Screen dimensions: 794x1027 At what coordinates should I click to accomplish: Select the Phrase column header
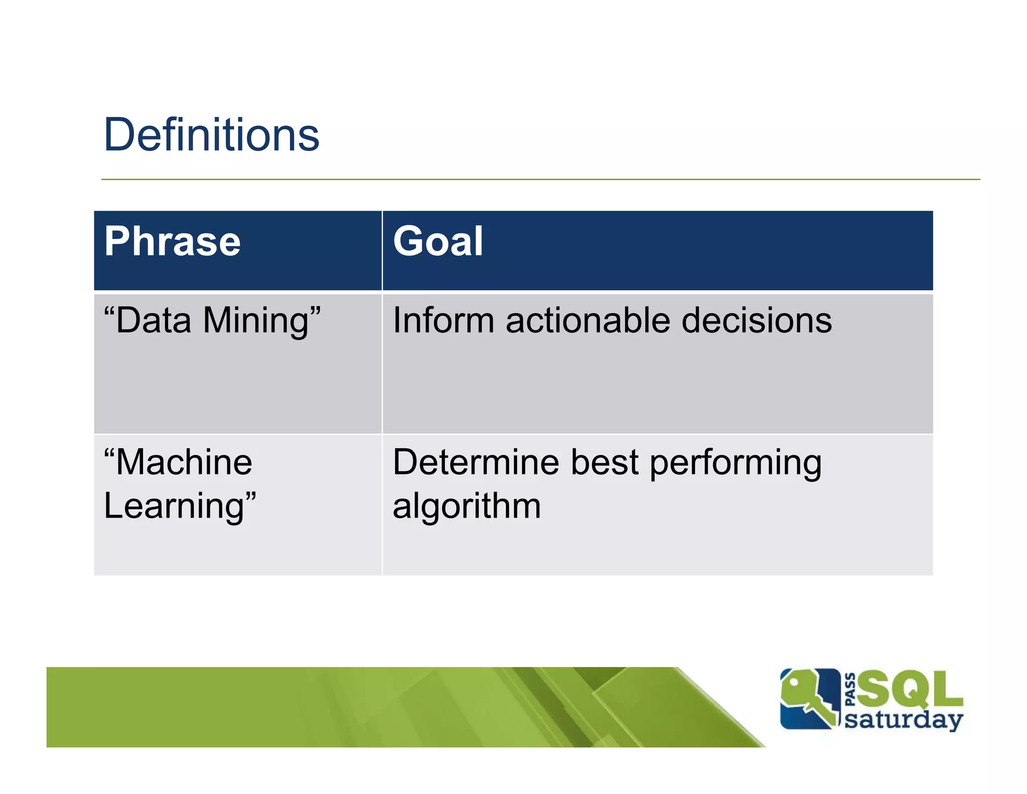click(x=173, y=241)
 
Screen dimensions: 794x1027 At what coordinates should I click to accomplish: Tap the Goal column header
click(x=438, y=241)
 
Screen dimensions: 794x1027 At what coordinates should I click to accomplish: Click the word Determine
click(x=475, y=462)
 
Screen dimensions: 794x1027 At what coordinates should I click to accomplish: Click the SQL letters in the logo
click(x=909, y=689)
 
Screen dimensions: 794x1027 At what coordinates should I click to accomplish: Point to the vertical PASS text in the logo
click(x=849, y=690)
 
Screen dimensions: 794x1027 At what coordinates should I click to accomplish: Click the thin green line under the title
click(x=540, y=179)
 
